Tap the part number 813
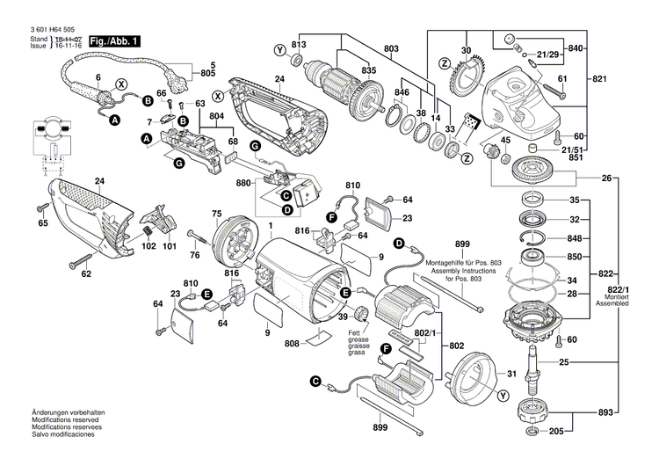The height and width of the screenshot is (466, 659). (299, 45)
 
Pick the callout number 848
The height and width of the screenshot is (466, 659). (574, 237)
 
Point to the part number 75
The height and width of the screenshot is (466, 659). (216, 214)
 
